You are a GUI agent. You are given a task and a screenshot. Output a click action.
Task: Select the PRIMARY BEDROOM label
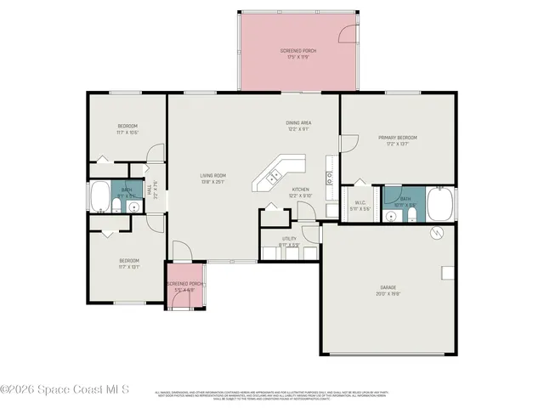[x=398, y=138]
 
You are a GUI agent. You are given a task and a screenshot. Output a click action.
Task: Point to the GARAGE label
[x=387, y=289]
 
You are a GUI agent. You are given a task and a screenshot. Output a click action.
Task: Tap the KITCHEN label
[x=301, y=190]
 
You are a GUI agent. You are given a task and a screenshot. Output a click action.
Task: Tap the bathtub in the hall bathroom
[x=99, y=198]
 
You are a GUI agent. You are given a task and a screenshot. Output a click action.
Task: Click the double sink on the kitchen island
[x=275, y=177]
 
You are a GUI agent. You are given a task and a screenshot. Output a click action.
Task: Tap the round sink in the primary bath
[x=390, y=216]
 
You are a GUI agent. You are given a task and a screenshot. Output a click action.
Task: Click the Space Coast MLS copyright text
[x=65, y=389]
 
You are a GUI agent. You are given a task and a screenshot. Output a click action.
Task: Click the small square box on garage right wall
[x=446, y=273]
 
